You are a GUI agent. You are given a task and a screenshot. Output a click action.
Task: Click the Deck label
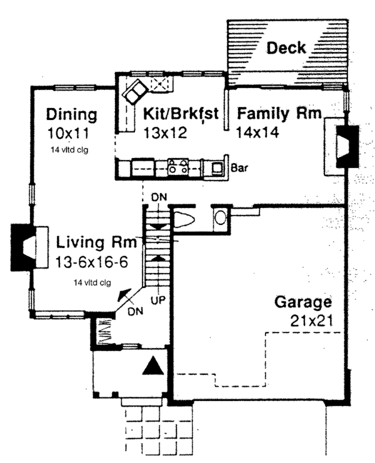point(286,48)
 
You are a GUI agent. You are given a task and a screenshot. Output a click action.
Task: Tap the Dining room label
point(71,114)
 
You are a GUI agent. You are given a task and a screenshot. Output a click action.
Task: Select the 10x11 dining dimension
point(68,134)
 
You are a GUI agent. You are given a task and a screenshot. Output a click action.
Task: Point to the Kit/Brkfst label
point(181,113)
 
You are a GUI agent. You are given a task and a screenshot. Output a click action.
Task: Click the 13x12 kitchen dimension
point(165,132)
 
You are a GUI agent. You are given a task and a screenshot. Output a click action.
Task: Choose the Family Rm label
point(279,113)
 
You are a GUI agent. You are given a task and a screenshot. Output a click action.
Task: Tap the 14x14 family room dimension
point(257,132)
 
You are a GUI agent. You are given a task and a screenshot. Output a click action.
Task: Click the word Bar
point(239,168)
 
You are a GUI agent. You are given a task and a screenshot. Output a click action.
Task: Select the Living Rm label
point(96,242)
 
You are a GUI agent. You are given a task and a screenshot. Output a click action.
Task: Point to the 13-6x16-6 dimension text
point(91,262)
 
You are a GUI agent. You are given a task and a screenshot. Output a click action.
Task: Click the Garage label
point(303,302)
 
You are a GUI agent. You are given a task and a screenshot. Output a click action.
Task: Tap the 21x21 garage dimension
point(311,321)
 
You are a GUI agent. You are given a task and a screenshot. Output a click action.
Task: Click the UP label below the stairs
point(158,301)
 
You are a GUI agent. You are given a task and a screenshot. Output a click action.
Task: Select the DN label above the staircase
point(159,197)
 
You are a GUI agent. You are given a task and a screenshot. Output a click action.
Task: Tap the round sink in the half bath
point(220,218)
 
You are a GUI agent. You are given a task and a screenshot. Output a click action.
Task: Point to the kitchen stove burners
point(177,166)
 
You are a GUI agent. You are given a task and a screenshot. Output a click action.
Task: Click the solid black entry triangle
point(153,366)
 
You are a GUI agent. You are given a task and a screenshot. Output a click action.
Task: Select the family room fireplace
point(347,146)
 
